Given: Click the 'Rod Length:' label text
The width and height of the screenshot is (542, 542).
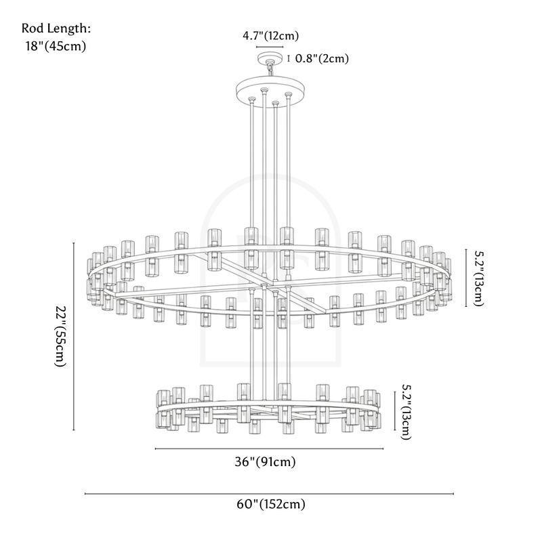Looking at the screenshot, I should pos(56,29).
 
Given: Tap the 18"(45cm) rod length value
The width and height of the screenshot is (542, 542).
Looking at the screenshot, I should pos(56,47).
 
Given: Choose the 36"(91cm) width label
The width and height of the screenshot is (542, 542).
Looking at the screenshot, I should pos(268,463).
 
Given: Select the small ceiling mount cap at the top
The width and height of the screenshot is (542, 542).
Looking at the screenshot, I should pos(270,57).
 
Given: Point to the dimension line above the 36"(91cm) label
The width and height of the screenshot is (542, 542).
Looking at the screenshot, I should pos(269,449).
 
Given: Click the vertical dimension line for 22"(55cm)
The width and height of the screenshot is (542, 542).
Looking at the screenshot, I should pos(74,337).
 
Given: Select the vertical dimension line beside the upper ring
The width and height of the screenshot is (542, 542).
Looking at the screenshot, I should pos(465,278).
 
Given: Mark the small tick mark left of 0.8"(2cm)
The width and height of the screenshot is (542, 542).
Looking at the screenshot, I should pos(289,58).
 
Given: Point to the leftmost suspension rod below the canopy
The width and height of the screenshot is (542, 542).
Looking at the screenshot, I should pos(253,169).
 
